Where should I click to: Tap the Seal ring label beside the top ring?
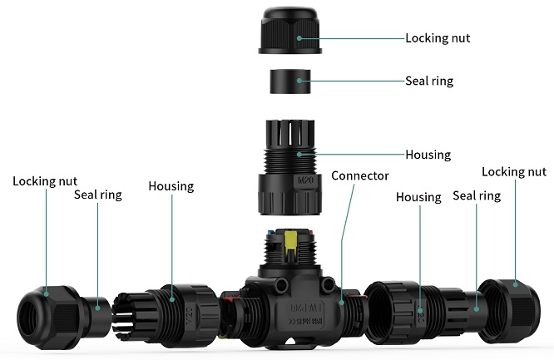[430, 81]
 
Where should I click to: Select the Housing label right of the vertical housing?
[428, 155]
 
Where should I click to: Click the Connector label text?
[360, 176]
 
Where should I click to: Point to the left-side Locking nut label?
[45, 180]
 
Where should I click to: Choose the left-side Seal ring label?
[97, 195]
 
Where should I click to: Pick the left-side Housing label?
[171, 186]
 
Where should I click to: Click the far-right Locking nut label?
[514, 172]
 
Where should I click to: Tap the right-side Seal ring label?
[476, 196]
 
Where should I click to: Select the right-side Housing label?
[418, 197]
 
